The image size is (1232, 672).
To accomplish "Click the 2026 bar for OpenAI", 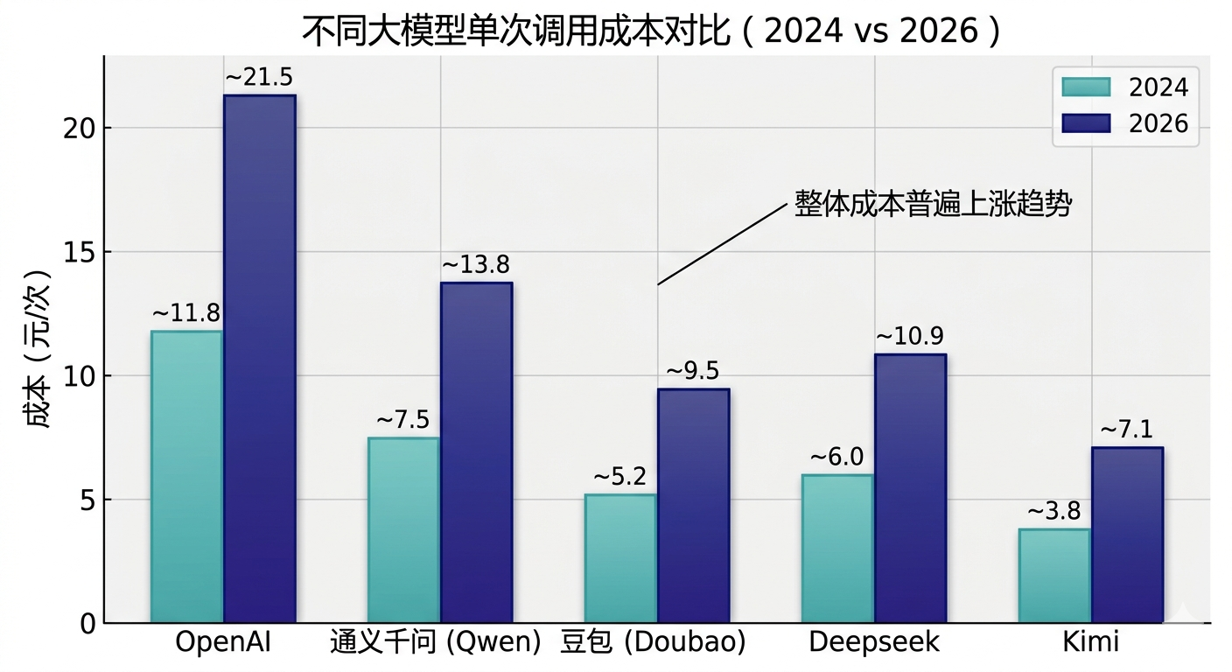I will coord(259,359).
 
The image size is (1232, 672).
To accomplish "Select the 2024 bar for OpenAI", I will coord(186,477).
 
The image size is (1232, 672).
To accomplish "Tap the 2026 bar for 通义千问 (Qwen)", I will coord(476,452).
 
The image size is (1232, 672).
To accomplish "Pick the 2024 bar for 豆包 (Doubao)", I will coord(620,558).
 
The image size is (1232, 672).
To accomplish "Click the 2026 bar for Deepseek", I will coord(910,488).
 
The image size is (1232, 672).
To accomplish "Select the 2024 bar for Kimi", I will coord(1054,576).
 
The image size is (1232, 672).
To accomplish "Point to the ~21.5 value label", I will coord(259,78).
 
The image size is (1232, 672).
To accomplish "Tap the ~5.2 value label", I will coord(619,477).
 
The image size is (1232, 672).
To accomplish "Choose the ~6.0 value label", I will coord(836,457).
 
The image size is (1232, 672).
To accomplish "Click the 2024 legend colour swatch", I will coord(1085,87).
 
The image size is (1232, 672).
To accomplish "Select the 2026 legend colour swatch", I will coord(1085,123).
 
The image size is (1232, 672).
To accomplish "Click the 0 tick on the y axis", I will coord(87,624).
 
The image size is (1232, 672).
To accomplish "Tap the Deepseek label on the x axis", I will coord(873,642).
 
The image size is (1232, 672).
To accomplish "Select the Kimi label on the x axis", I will coord(1090,642).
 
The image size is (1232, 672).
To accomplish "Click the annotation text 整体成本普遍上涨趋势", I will coord(933,204).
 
